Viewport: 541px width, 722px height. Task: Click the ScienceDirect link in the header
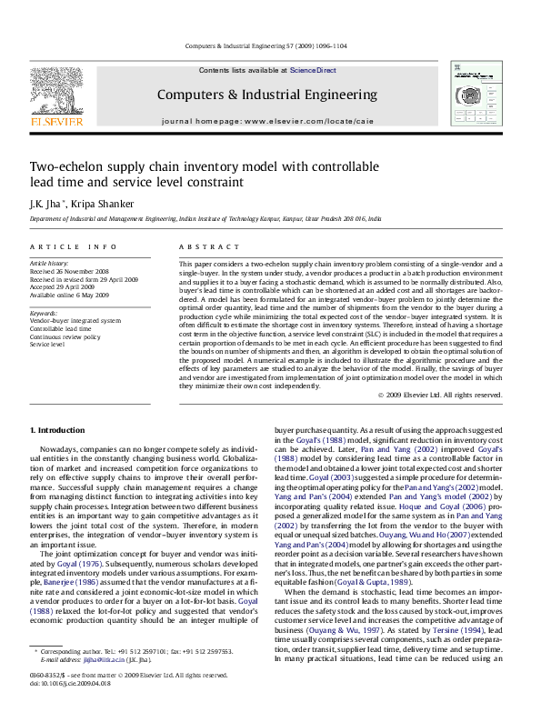(313, 70)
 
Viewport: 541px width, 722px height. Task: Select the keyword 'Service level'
(47, 345)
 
